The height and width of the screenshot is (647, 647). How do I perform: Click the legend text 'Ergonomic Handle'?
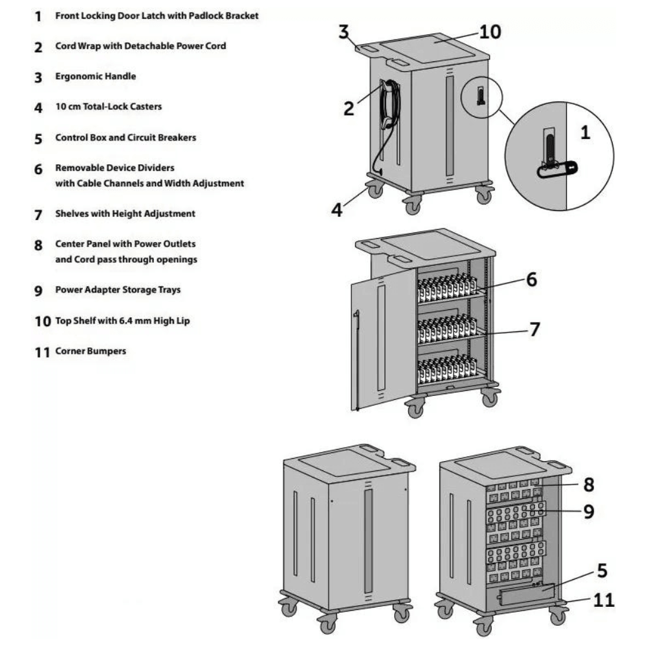(95, 76)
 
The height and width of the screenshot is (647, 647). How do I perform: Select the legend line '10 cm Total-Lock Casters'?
(108, 107)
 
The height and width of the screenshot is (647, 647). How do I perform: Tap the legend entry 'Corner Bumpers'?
(91, 351)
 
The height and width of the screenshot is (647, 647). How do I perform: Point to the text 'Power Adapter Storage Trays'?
(118, 290)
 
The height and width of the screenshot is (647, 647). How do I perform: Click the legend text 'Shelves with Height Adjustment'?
(125, 214)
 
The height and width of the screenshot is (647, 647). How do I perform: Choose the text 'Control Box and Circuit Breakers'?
(126, 138)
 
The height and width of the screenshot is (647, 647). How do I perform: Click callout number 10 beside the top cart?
(490, 32)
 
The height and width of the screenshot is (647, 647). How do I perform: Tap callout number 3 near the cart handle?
(344, 32)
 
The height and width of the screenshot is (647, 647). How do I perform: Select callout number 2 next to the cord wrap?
(349, 109)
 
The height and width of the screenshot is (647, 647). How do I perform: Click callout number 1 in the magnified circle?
(585, 133)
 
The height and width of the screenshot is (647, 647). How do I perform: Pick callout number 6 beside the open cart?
(531, 280)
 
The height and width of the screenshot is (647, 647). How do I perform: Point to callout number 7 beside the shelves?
(534, 329)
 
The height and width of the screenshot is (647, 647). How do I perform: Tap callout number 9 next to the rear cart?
(588, 512)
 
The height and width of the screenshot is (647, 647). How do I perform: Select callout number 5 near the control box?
(602, 571)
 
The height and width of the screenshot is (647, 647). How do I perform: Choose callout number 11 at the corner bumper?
(603, 600)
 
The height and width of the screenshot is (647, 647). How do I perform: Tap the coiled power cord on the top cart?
(389, 104)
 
